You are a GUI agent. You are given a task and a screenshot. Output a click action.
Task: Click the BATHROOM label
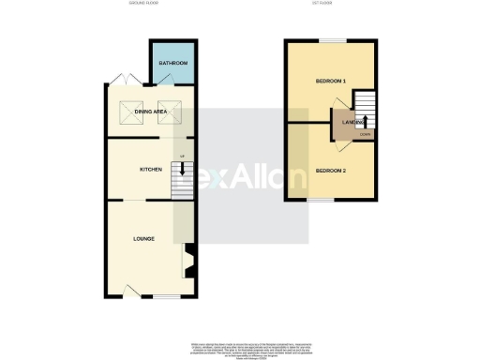172,64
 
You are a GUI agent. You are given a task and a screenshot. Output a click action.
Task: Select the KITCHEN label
151,170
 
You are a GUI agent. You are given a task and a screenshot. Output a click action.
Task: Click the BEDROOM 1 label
332,82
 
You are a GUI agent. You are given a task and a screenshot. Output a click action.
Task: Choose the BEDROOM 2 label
330,171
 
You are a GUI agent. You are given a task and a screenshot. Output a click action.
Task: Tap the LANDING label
353,123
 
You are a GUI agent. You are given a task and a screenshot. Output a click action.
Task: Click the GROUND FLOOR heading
146,4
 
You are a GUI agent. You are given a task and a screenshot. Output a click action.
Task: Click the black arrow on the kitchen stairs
182,169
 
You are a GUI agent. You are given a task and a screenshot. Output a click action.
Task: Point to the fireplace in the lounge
187,260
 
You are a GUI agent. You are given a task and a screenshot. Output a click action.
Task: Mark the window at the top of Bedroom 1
330,40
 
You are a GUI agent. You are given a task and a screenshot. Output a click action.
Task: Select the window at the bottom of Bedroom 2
324,200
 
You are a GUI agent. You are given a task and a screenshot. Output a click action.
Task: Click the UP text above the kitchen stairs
182,155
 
